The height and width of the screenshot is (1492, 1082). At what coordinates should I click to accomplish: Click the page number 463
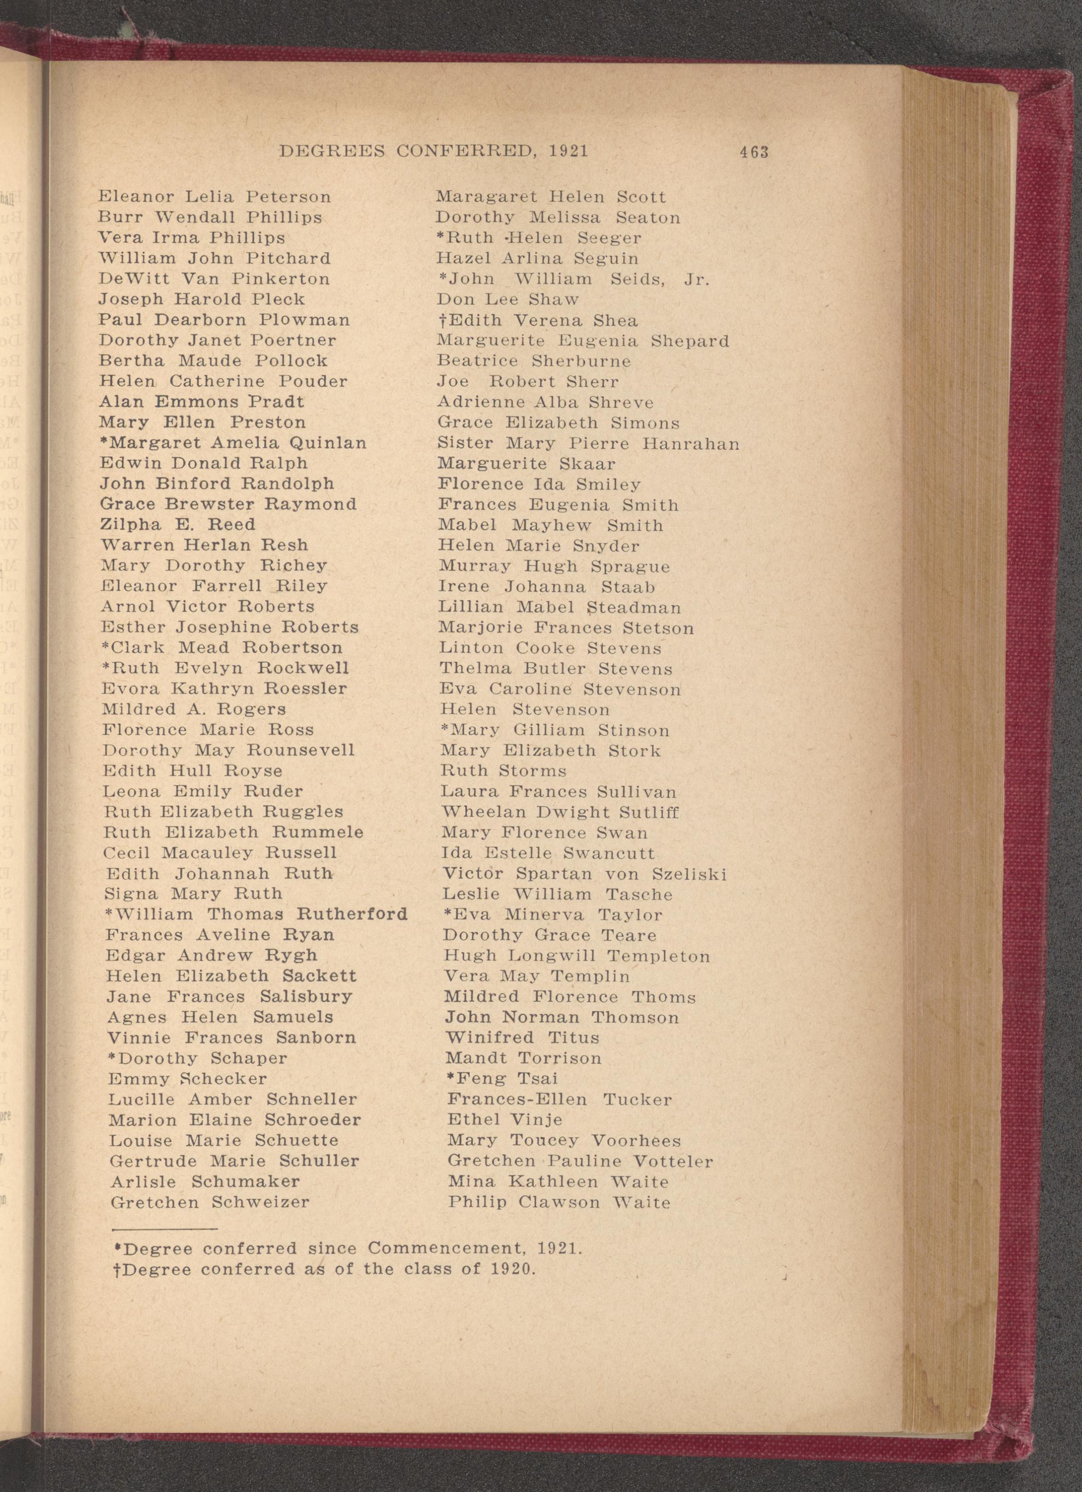(754, 152)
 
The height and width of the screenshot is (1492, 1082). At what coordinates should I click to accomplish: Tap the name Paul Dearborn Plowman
(224, 320)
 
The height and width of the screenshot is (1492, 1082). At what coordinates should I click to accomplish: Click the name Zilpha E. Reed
(177, 525)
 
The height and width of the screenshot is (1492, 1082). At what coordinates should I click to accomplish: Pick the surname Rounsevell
(301, 751)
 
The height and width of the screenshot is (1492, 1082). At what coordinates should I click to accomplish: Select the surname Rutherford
(352, 914)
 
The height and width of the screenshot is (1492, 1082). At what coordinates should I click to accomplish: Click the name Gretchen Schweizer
(209, 1203)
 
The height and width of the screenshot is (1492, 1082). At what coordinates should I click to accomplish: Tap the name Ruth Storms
(503, 771)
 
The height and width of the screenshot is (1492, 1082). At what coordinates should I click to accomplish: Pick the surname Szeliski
(689, 874)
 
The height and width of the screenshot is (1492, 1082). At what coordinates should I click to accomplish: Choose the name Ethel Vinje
(504, 1120)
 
